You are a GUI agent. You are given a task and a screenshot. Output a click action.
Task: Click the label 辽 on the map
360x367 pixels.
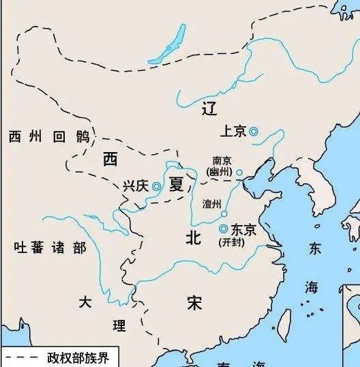pos(211,108)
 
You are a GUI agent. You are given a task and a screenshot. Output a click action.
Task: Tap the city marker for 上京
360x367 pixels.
pos(253,132)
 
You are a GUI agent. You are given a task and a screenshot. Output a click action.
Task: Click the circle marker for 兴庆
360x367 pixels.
pos(157,186)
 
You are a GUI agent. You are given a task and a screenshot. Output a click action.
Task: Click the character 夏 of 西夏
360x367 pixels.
pos(177,184)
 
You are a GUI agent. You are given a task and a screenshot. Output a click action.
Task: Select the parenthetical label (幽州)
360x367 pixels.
pos(222,172)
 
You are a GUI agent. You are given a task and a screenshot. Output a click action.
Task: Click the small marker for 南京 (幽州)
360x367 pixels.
pos(239,173)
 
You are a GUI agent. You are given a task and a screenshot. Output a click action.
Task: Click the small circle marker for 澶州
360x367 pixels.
pos(224,213)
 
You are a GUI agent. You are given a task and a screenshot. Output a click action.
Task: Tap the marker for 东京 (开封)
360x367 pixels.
pos(223,229)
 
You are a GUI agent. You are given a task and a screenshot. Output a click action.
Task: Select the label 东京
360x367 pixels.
pos(243,230)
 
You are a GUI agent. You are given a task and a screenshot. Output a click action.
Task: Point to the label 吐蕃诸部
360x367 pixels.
pos(50,247)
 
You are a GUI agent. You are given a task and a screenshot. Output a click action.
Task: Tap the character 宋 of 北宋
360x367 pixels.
pos(196,302)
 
